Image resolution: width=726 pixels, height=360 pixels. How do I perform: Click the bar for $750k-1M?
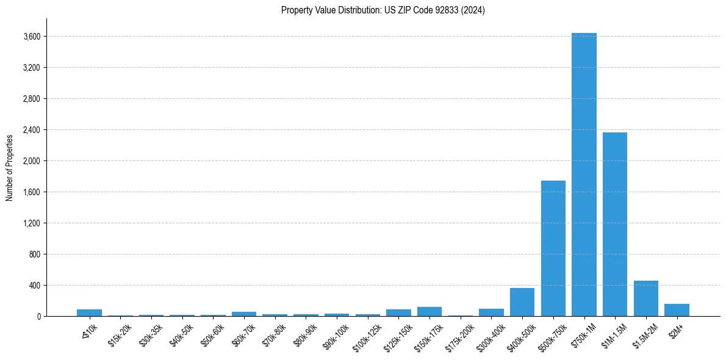584,175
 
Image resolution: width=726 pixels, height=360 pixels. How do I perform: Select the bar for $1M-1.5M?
614,224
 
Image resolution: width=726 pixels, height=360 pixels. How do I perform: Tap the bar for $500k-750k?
553,248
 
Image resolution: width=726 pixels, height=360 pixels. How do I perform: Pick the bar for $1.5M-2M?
645,298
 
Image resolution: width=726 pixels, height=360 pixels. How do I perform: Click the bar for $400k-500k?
522,302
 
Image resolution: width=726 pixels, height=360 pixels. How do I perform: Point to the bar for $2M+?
677,310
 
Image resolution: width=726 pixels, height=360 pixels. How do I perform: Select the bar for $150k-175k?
429,312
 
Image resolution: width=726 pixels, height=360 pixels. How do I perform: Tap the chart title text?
383,10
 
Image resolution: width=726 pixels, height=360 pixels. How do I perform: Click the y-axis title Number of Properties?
10,167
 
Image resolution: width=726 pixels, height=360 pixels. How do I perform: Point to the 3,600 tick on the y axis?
32,37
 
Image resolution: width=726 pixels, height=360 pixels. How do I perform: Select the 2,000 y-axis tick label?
32,161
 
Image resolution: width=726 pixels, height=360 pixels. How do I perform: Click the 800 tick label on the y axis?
35,254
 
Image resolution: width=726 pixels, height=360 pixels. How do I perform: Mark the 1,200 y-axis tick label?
32,223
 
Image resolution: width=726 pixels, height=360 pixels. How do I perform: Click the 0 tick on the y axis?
38,316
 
